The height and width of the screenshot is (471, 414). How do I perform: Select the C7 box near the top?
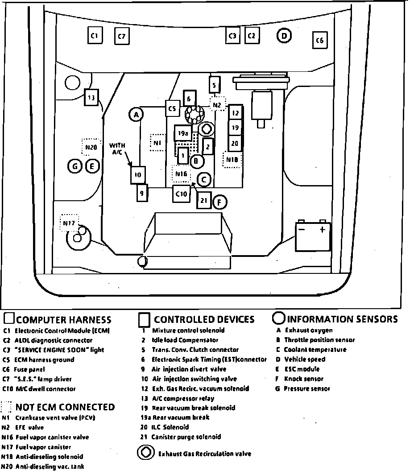121,37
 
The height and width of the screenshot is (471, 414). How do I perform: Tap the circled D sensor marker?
284,36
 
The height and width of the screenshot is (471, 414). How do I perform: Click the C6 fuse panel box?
319,41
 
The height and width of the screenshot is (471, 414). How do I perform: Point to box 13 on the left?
91,97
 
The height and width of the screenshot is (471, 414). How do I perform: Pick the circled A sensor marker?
136,115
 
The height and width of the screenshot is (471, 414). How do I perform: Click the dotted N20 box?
91,147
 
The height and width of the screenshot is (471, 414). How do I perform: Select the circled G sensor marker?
75,167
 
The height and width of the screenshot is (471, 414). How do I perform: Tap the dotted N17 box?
69,223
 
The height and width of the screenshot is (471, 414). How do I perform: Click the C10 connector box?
182,194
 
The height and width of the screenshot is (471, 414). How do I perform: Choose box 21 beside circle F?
203,200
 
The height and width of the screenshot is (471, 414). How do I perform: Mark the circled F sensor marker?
219,202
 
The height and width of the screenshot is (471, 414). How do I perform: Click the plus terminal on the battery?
322,230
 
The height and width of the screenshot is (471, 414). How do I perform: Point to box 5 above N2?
215,85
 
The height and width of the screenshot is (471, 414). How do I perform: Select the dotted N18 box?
232,160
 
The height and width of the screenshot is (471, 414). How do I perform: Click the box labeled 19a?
182,133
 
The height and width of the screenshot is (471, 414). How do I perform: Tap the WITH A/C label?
117,149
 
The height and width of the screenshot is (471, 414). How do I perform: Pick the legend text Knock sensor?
304,379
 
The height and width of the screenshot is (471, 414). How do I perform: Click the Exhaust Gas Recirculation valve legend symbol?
145,453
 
